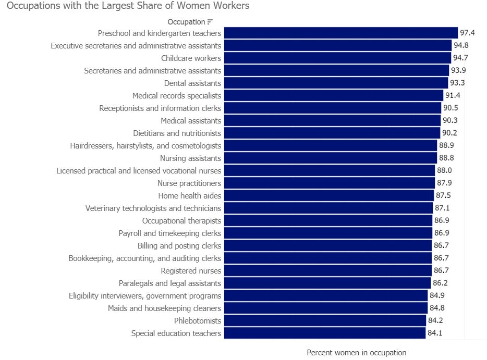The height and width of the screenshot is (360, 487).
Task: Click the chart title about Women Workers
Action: click(x=128, y=6)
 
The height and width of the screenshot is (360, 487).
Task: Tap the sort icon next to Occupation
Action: click(x=210, y=22)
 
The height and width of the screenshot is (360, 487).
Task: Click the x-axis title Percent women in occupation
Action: click(x=356, y=353)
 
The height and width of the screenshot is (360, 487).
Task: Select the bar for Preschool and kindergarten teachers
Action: click(x=340, y=33)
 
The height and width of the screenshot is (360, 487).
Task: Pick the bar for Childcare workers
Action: click(x=337, y=58)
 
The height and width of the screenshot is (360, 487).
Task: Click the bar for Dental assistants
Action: click(x=336, y=83)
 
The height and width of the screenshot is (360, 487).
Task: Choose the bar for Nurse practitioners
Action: click(x=329, y=183)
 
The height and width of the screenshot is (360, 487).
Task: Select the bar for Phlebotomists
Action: click(x=325, y=321)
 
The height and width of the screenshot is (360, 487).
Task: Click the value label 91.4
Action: click(x=453, y=96)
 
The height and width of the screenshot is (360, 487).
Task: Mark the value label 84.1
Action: click(x=435, y=333)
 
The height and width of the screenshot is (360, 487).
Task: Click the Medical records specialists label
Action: click(x=177, y=96)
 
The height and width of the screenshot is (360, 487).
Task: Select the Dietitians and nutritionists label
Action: click(x=177, y=133)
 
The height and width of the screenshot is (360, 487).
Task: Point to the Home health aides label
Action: click(x=190, y=196)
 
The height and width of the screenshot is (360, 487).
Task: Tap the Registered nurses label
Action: click(x=191, y=271)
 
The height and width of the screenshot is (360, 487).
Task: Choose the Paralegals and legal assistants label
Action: click(x=170, y=283)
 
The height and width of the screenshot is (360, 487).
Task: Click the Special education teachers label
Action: click(x=176, y=333)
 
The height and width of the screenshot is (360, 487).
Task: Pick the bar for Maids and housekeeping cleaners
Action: click(x=325, y=308)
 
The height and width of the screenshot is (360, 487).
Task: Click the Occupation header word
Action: click(x=186, y=22)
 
